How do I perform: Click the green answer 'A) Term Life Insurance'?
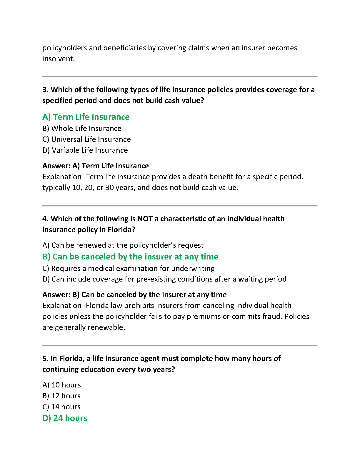[86, 117]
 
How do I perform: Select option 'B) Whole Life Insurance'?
[82, 129]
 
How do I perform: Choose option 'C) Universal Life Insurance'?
[86, 139]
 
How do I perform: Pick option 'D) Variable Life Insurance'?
[85, 150]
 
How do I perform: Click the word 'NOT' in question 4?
[145, 219]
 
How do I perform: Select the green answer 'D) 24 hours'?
[65, 418]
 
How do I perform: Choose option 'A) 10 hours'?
[61, 385]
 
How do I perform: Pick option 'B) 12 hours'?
[61, 396]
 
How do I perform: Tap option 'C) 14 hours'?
[61, 407]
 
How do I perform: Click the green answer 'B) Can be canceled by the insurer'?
[130, 257]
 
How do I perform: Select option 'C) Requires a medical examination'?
[129, 269]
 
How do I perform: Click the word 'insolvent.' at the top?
[59, 59]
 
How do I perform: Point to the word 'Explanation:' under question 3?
[63, 177]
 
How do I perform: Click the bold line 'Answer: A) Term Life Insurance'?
[96, 166]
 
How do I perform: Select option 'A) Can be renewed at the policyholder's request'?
[123, 245]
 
